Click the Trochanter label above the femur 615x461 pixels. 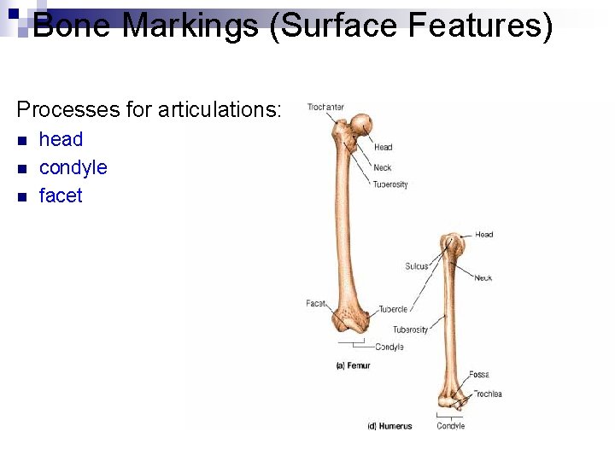pyautogui.click(x=325, y=107)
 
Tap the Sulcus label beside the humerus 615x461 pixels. pyautogui.click(x=416, y=266)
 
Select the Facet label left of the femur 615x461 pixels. pyautogui.click(x=316, y=304)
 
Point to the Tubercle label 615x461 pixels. pyautogui.click(x=392, y=309)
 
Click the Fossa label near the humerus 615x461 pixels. pyautogui.click(x=478, y=375)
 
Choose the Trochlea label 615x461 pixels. pyautogui.click(x=488, y=394)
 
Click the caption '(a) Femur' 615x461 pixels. pyautogui.click(x=353, y=365)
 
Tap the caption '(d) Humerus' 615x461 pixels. pyautogui.click(x=389, y=426)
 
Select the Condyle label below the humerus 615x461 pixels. pyautogui.click(x=450, y=426)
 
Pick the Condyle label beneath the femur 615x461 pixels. pyautogui.click(x=389, y=347)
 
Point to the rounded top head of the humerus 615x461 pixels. pyautogui.click(x=453, y=244)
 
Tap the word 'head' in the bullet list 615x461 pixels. pyautogui.click(x=61, y=139)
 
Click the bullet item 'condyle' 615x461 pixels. pyautogui.click(x=73, y=167)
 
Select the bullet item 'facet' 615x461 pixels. pyautogui.click(x=61, y=195)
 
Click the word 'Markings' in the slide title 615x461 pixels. pyautogui.click(x=190, y=26)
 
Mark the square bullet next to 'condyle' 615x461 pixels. pyautogui.click(x=23, y=168)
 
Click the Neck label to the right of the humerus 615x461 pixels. pyautogui.click(x=483, y=277)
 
